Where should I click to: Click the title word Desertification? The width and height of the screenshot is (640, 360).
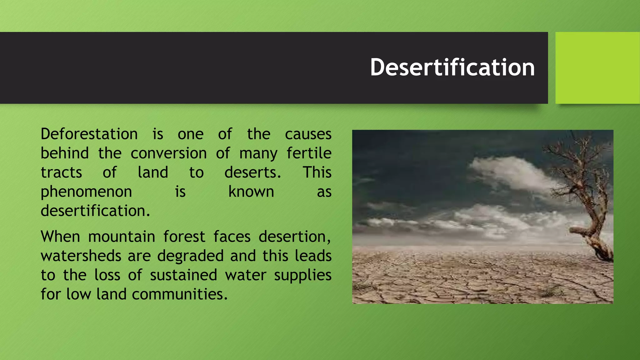coord(452,67)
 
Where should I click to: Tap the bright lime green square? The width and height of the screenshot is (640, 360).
coord(597,67)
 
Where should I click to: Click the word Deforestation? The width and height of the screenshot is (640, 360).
coord(89,134)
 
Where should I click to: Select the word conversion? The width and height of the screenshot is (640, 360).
coord(168,153)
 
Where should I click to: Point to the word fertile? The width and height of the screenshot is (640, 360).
coord(309,153)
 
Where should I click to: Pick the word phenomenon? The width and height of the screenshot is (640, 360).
coord(86,192)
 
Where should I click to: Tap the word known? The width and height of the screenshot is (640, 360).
coord(251,192)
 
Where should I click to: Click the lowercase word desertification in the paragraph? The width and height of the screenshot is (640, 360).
coord(95,211)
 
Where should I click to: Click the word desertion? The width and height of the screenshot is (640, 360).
coord(294,237)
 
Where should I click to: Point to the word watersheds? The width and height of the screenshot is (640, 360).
coord(81,256)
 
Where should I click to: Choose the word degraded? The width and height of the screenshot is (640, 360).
coord(190,256)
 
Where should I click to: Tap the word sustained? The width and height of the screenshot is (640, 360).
coord(183,275)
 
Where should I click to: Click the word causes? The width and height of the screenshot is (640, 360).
coord(308,134)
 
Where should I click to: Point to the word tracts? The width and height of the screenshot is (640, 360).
coord(61,173)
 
